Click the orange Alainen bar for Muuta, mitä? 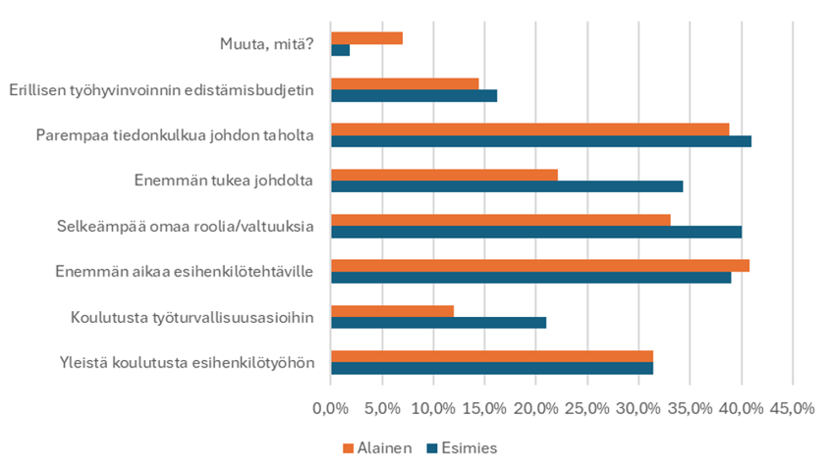point(366,38)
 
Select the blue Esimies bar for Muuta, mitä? point(340,50)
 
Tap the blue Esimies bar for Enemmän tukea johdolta point(507,186)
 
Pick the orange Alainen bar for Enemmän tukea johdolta point(444,175)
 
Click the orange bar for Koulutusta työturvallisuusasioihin point(392,311)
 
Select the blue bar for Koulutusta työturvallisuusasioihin point(438,323)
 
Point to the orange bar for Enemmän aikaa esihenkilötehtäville point(540,266)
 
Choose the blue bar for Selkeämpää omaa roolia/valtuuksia point(536,232)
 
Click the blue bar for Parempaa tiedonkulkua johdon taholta point(541,141)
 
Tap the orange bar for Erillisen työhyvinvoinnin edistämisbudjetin point(405,83)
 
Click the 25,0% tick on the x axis point(586,408)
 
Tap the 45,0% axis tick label point(792,408)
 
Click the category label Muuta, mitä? point(266,44)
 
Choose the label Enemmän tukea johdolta point(223,181)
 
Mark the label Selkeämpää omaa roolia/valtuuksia point(186,226)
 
